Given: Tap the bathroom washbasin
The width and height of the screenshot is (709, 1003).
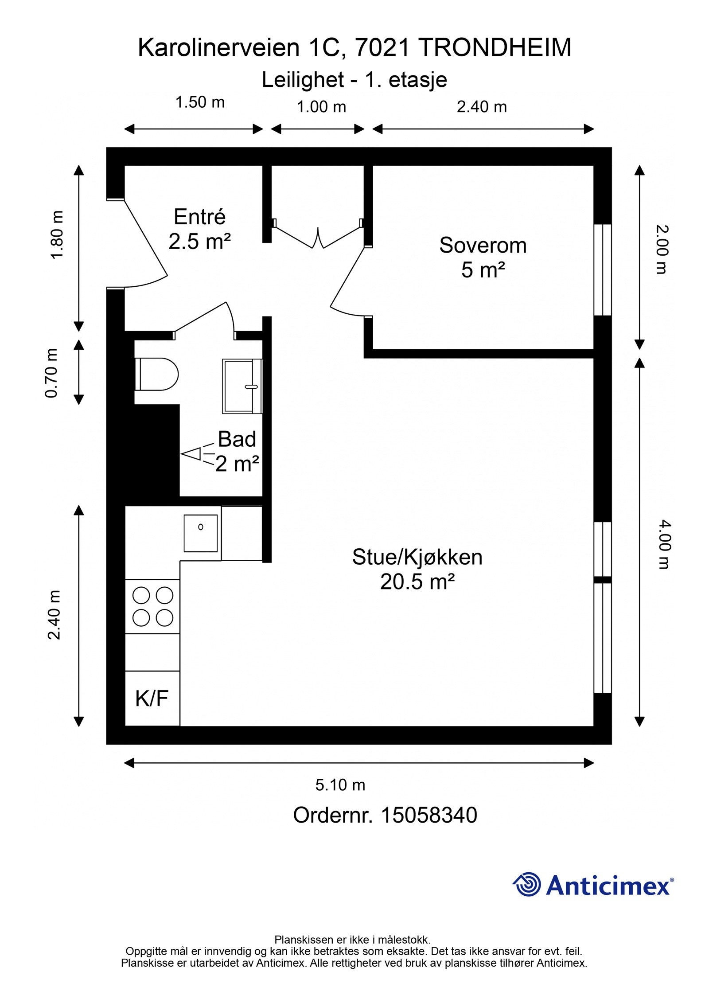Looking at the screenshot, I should point(242,386).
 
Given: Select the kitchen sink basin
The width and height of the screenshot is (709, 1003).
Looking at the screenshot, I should point(200,533).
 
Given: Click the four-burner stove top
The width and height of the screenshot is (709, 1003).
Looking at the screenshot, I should point(152,606).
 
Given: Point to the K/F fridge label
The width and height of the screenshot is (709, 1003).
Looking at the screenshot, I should point(152,699).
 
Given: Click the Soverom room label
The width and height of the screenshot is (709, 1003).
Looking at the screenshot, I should point(483,246).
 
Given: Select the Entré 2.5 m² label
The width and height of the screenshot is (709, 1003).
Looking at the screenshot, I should point(199,229).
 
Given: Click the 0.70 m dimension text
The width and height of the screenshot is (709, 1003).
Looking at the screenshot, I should point(52,373).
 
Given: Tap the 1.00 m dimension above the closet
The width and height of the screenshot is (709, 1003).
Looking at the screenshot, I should point(321,107).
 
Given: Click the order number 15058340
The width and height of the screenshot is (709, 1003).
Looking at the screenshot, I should point(429,827).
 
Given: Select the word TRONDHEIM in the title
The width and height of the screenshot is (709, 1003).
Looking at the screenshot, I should point(495,48).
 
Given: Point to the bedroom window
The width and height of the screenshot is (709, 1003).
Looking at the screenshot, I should point(602,270).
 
